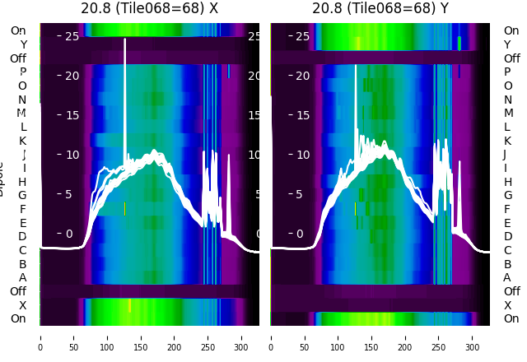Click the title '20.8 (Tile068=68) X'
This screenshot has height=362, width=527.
tap(150, 8)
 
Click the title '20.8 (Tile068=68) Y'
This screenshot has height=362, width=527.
tap(380, 8)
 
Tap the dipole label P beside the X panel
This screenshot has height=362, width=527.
tap(23, 72)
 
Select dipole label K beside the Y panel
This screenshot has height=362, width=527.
tap(507, 141)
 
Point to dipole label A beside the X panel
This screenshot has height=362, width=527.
tap(23, 278)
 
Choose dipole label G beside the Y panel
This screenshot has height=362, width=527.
tap(507, 196)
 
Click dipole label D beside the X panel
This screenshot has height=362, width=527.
tap(23, 237)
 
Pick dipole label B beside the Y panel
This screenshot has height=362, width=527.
tap(507, 264)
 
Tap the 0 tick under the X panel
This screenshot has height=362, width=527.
tap(40, 336)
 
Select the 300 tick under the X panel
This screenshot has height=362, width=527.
tap(242, 336)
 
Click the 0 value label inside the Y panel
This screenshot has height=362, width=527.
tap(301, 234)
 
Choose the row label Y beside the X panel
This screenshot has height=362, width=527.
tap(23, 45)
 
